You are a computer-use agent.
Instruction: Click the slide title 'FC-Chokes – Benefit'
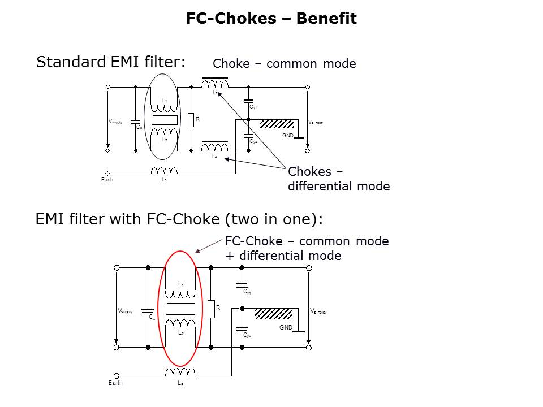tap(271, 19)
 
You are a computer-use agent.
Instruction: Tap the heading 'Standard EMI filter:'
tap(111, 62)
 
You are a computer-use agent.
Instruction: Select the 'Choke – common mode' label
tap(284, 64)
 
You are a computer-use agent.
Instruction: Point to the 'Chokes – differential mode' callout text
tap(338, 179)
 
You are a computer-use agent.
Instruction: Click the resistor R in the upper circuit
tap(191, 120)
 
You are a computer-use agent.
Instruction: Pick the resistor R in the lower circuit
tap(211, 309)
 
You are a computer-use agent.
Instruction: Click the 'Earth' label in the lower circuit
tap(115, 383)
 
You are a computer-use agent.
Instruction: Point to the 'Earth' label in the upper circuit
tap(107, 180)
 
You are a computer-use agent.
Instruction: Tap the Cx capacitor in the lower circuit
tap(148, 310)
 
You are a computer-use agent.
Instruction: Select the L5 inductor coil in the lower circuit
tap(180, 372)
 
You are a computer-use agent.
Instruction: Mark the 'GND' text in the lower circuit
tap(286, 327)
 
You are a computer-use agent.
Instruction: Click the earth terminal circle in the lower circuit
tap(117, 375)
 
